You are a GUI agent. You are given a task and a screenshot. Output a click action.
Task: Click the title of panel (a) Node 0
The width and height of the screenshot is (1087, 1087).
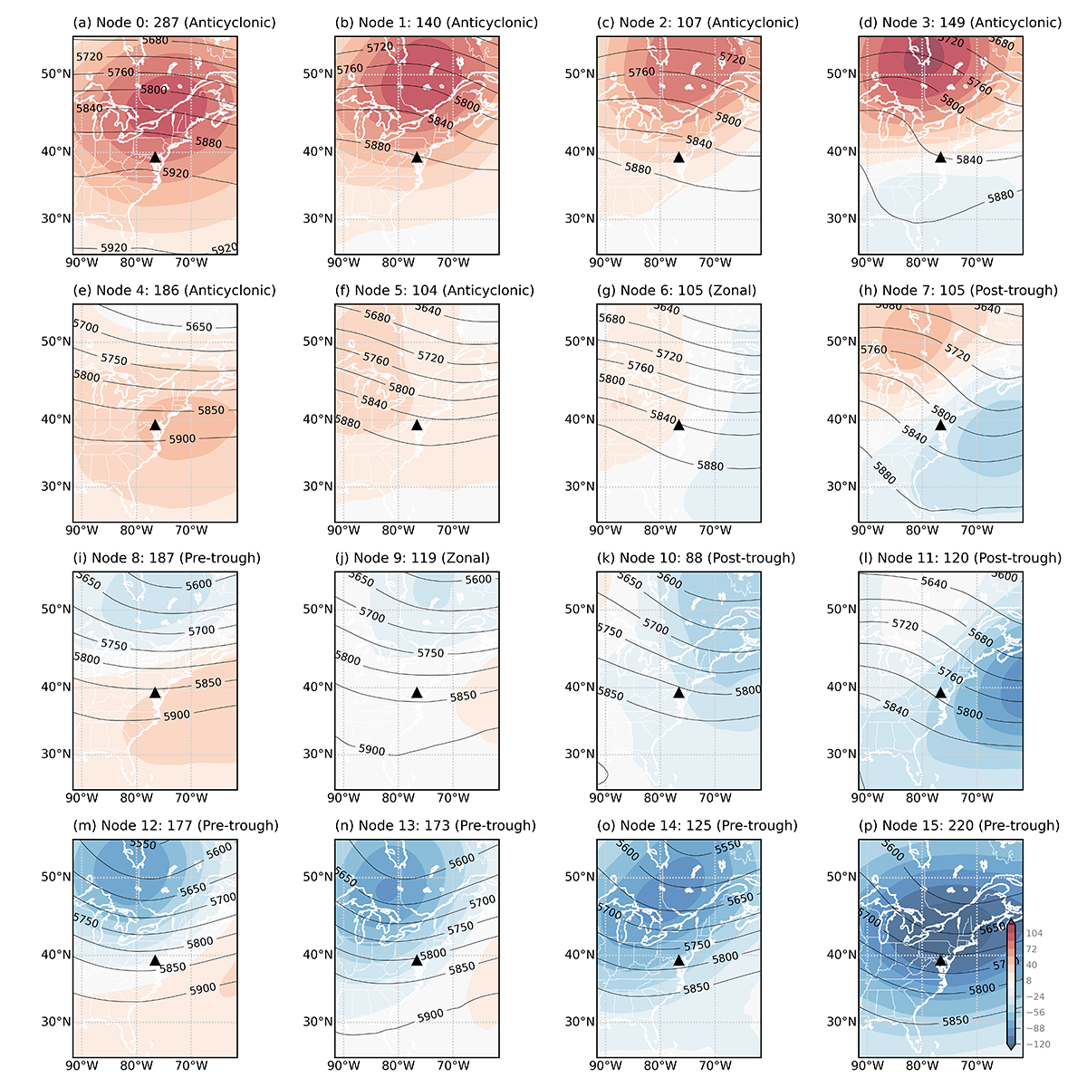(x=155, y=23)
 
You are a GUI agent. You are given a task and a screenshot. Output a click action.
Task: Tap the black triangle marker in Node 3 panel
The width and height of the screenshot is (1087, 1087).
(x=941, y=157)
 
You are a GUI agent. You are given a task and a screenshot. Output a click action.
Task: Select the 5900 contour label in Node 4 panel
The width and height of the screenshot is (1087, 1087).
(x=182, y=438)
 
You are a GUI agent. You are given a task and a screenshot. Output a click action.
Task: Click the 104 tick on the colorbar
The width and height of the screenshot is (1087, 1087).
(x=1034, y=933)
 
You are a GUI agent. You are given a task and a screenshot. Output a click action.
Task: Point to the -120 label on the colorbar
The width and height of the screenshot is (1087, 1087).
(x=1037, y=1044)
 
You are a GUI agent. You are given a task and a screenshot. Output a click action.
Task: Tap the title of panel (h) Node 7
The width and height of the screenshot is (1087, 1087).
(x=941, y=291)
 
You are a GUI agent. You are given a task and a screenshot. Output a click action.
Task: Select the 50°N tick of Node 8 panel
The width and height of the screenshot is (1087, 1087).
(x=55, y=609)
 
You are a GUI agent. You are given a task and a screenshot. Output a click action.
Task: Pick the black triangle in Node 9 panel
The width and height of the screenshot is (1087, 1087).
(x=417, y=692)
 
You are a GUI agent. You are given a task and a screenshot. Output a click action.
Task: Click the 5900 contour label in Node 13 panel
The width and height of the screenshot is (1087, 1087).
(x=430, y=1015)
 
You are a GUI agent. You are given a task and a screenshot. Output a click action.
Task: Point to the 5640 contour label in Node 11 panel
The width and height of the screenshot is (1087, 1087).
(x=934, y=582)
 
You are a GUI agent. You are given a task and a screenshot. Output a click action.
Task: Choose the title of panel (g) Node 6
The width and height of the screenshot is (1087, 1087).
(x=678, y=291)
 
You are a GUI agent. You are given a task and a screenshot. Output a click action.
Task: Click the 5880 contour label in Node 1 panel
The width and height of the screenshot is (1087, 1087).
(x=378, y=146)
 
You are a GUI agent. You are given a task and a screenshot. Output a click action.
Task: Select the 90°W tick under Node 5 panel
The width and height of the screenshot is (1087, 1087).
(x=343, y=531)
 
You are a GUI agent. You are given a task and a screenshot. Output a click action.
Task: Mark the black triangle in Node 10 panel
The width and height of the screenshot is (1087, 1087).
(x=679, y=692)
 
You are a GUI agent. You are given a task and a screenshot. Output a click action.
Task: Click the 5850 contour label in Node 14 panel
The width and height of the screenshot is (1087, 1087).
(x=697, y=987)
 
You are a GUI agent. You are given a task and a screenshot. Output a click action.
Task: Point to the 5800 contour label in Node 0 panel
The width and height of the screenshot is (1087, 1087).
(x=154, y=90)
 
